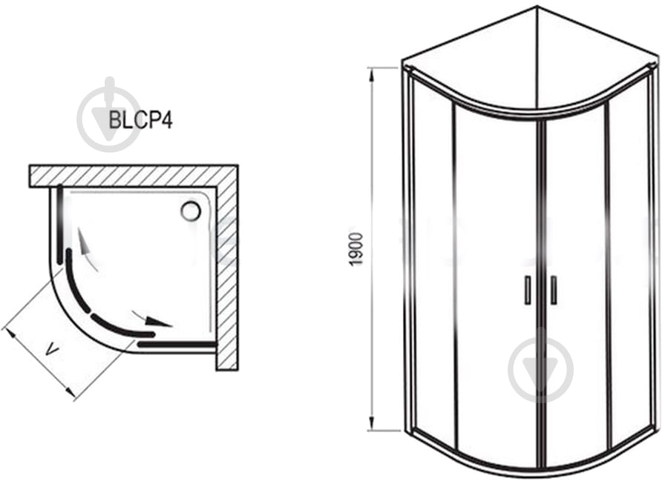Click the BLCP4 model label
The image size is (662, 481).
[x=140, y=120]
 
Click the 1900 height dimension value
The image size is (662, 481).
[x=357, y=249]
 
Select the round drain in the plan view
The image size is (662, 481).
[x=191, y=210]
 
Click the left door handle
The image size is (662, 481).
[x=528, y=290]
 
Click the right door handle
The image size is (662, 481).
[x=553, y=290]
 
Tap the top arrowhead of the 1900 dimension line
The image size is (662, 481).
[x=372, y=76]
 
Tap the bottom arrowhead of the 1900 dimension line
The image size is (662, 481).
[x=372, y=423]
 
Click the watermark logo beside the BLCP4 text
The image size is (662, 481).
[x=109, y=115]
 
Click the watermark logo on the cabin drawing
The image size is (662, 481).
[x=541, y=370]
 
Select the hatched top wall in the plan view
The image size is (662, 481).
[x=134, y=176]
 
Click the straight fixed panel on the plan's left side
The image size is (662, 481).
[x=60, y=223]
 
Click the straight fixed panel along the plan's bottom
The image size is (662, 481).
[x=177, y=344]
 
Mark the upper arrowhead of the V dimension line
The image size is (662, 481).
[x=11, y=335]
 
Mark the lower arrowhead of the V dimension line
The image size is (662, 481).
[x=70, y=391]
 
